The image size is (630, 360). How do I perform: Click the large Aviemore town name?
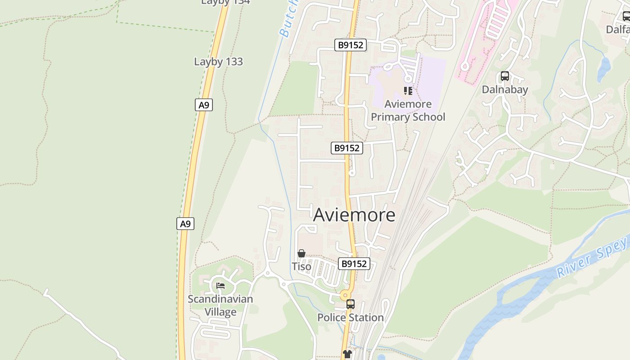tap(354, 215)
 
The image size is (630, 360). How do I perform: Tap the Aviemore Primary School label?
tap(408, 111)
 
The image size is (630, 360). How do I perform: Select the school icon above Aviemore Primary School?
tap(408, 91)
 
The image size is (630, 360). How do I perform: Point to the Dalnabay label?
tap(504, 90)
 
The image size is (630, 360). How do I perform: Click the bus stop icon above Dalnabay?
tap(505, 76)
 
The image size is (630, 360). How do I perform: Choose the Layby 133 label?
tap(218, 62)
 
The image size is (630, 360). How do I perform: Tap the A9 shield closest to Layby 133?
tap(204, 105)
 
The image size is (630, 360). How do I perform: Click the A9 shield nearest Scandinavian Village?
tap(185, 224)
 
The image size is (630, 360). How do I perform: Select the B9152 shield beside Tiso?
tap(354, 264)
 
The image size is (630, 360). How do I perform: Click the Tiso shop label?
tap(301, 266)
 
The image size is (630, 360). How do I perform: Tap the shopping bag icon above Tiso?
tap(301, 254)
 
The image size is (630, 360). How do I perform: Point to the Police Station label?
tap(351, 318)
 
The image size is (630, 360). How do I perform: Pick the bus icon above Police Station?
tap(351, 304)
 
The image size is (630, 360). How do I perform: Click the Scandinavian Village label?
tap(220, 305)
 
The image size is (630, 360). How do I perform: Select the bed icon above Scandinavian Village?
tap(220, 286)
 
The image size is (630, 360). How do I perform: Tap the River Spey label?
tap(592, 258)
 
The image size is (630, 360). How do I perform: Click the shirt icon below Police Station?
tap(347, 354)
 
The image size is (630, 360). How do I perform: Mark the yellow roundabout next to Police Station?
tap(346, 296)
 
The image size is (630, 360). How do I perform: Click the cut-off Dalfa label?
tap(617, 29)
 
